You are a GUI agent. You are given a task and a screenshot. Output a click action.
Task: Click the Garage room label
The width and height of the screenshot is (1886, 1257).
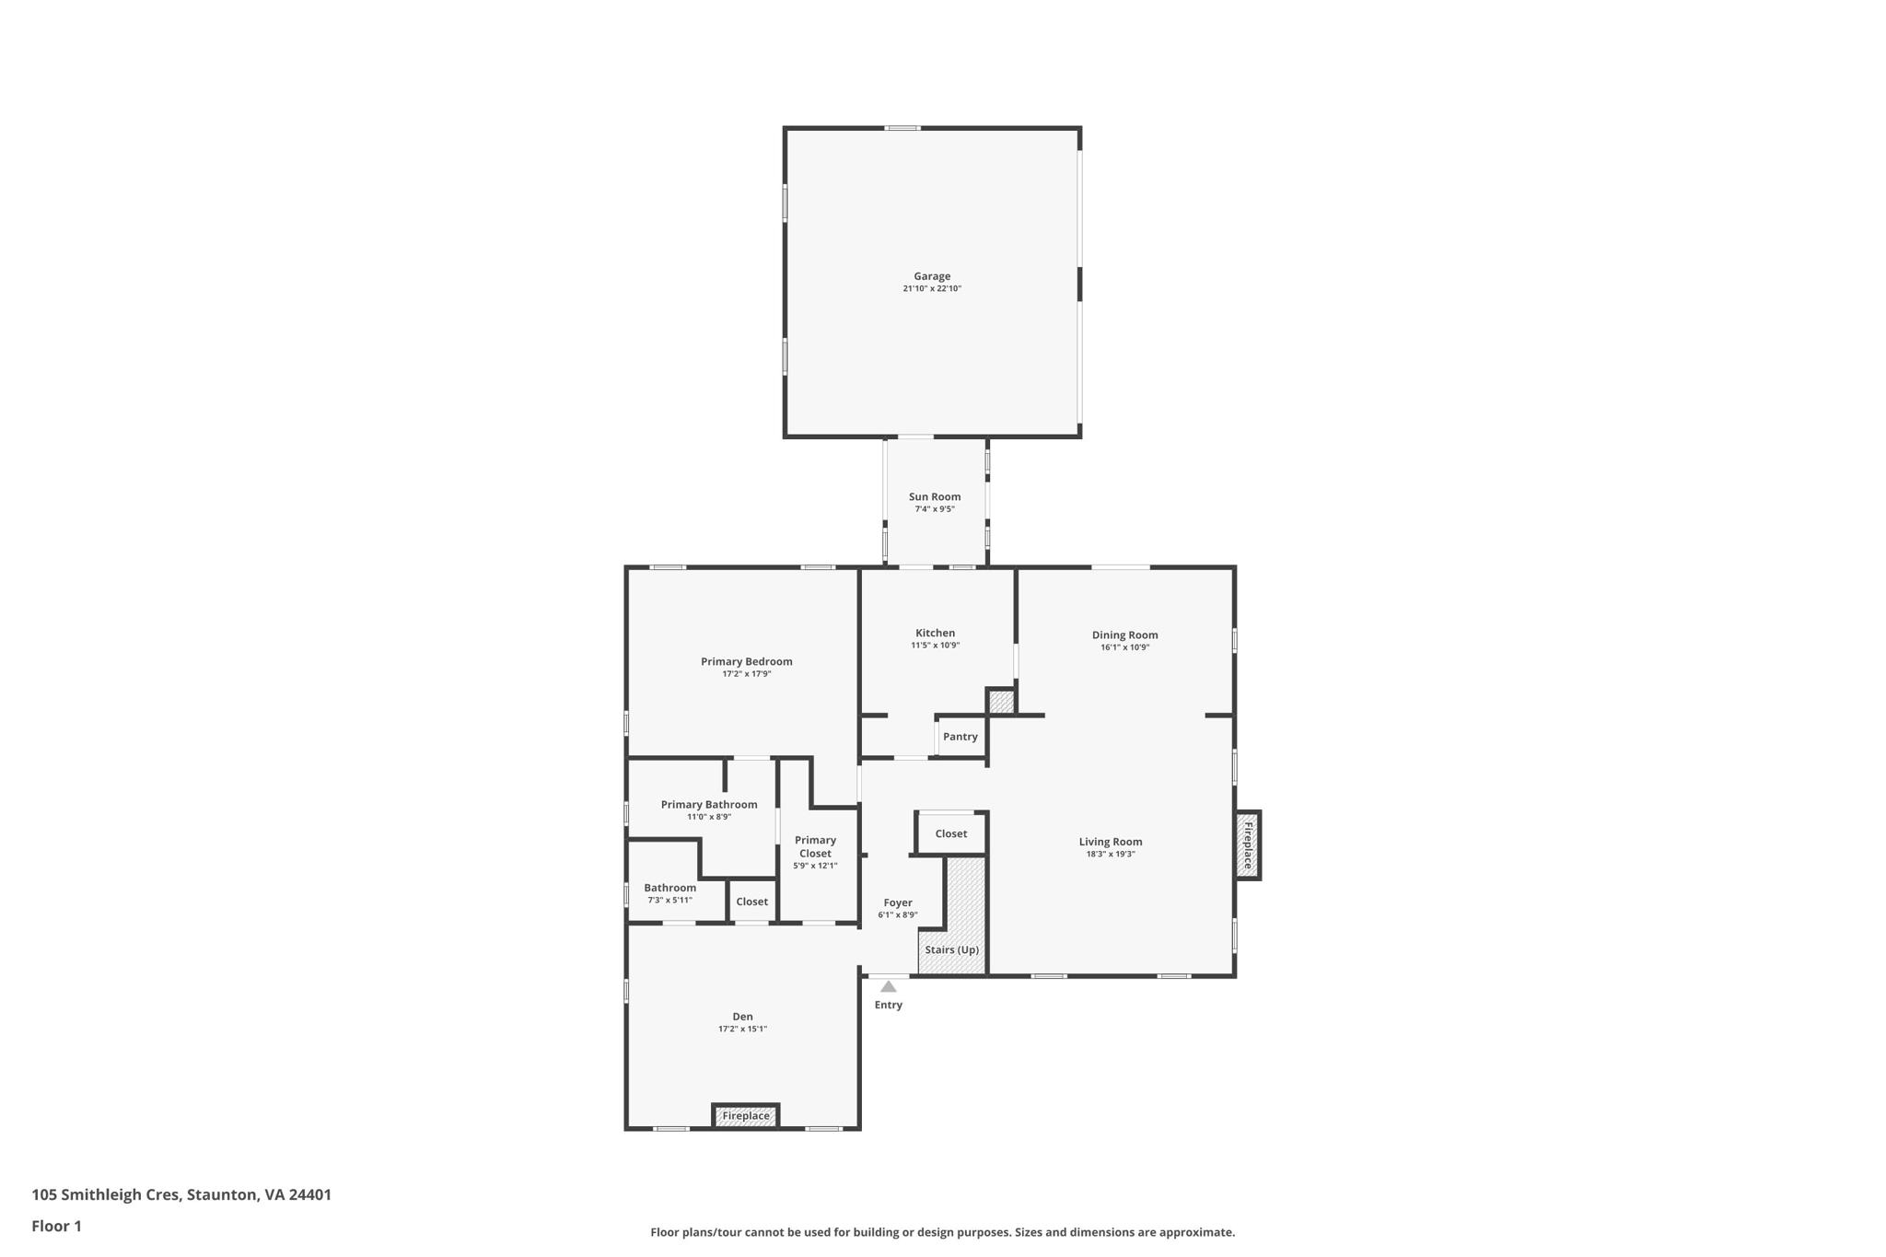(932, 276)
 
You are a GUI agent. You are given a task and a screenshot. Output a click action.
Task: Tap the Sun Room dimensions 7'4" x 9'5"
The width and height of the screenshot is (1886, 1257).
(934, 509)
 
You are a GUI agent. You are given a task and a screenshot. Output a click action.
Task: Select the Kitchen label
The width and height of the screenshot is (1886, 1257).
(935, 633)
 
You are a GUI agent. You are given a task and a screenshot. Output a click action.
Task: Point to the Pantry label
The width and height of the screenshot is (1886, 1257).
(960, 737)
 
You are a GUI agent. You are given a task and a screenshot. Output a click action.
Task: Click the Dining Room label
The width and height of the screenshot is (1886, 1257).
(1124, 634)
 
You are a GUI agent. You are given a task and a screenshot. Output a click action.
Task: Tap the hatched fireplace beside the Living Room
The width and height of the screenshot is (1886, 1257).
(1248, 845)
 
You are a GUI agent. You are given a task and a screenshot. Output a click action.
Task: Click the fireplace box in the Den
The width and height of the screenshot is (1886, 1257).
(746, 1116)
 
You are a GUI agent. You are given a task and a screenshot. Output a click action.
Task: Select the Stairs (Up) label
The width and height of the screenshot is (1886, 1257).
(951, 949)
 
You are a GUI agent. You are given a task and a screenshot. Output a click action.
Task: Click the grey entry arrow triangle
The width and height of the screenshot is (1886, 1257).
(888, 986)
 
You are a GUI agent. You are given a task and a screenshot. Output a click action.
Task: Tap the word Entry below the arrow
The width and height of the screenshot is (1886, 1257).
(888, 1005)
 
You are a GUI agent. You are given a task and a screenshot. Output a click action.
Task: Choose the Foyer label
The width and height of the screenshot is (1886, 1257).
(898, 902)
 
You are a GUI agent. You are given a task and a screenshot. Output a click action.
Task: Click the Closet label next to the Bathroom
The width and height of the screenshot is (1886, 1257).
(751, 902)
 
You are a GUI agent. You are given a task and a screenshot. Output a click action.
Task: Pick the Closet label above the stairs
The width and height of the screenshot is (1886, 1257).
(950, 833)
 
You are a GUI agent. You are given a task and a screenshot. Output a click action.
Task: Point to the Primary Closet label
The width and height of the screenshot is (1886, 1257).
(815, 846)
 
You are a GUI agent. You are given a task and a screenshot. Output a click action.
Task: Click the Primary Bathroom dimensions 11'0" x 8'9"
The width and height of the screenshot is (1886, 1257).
(708, 817)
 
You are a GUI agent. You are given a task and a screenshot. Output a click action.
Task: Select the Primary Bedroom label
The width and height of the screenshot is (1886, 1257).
(746, 661)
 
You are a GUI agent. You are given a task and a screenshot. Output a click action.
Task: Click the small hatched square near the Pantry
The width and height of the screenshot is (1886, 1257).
(1001, 702)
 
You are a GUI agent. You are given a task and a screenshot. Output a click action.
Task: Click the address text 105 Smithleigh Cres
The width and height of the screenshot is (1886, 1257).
(106, 1194)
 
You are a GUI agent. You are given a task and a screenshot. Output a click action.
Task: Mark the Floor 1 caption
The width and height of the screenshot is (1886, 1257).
(56, 1226)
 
